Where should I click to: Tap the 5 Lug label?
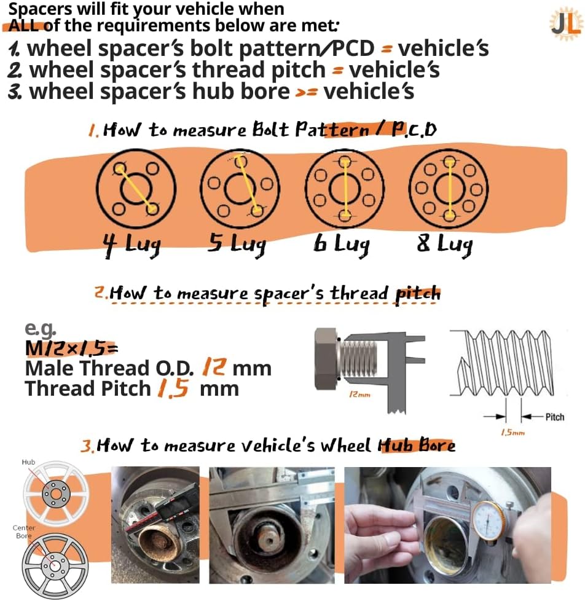point(236,245)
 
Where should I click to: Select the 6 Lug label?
point(342,245)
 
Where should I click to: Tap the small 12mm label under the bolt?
point(361,395)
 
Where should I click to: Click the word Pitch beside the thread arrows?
point(554,417)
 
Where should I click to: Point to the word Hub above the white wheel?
point(28,461)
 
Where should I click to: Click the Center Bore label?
point(24,532)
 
